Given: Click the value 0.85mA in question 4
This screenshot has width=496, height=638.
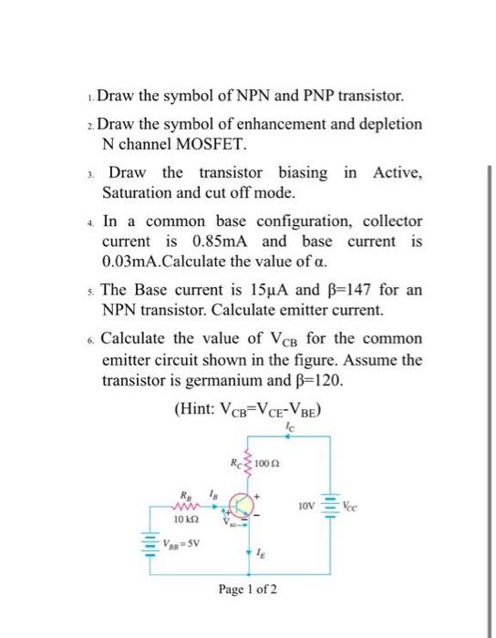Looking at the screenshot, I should pyautogui.click(x=211, y=242).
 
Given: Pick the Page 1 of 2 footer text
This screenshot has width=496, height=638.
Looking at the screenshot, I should pyautogui.click(x=247, y=590).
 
